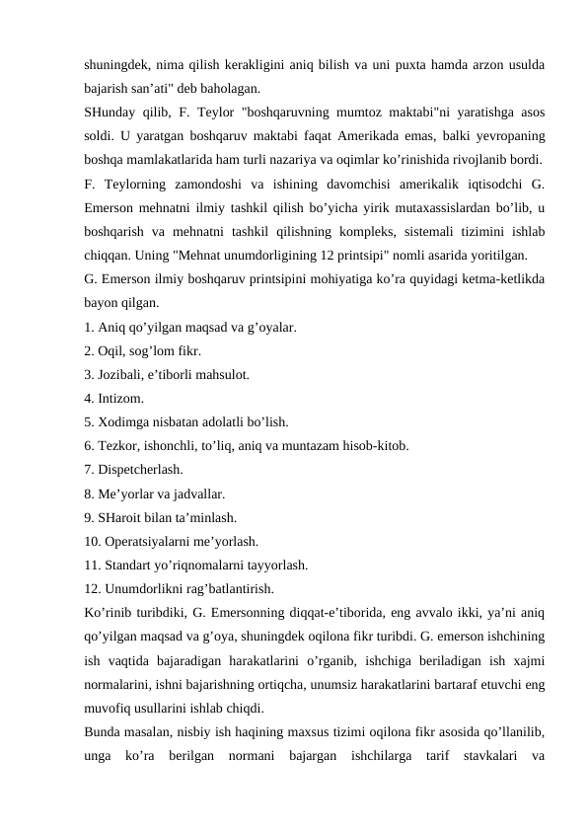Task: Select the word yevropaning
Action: tap(512, 135)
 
